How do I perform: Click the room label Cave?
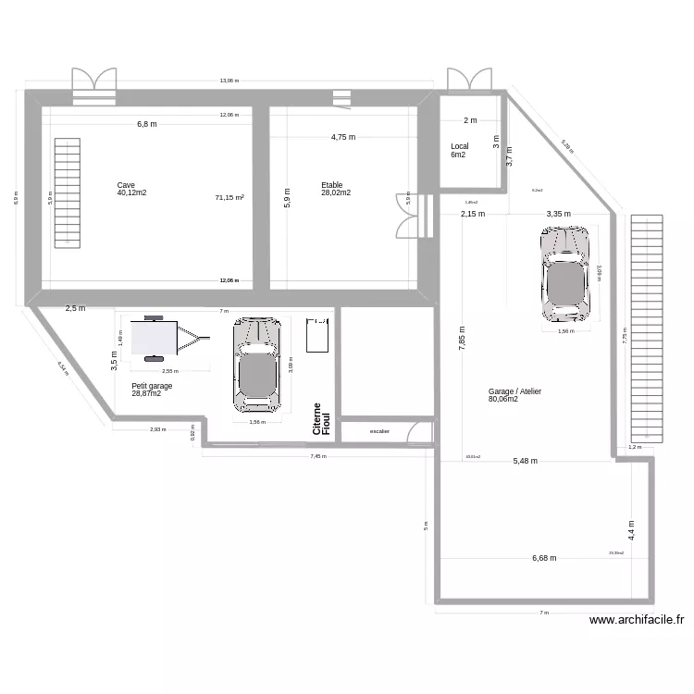pyautogui.click(x=126, y=185)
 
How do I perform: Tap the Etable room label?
pyautogui.click(x=332, y=185)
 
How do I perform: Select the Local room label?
pyautogui.click(x=460, y=146)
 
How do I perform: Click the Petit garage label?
pyautogui.click(x=152, y=386)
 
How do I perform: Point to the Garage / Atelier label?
pyautogui.click(x=515, y=391)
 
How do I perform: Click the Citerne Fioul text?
pyautogui.click(x=321, y=419)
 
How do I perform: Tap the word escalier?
pyautogui.click(x=379, y=431)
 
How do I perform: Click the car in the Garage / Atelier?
pyautogui.click(x=564, y=272)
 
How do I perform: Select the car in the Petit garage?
pyautogui.click(x=256, y=364)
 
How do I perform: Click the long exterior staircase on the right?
pyautogui.click(x=647, y=328)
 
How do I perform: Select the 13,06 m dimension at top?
pyautogui.click(x=229, y=81)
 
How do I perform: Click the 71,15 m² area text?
pyautogui.click(x=229, y=197)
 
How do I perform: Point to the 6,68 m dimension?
pyautogui.click(x=545, y=558)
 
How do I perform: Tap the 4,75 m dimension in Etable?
pyautogui.click(x=343, y=137)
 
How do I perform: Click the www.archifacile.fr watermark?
pyautogui.click(x=637, y=621)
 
